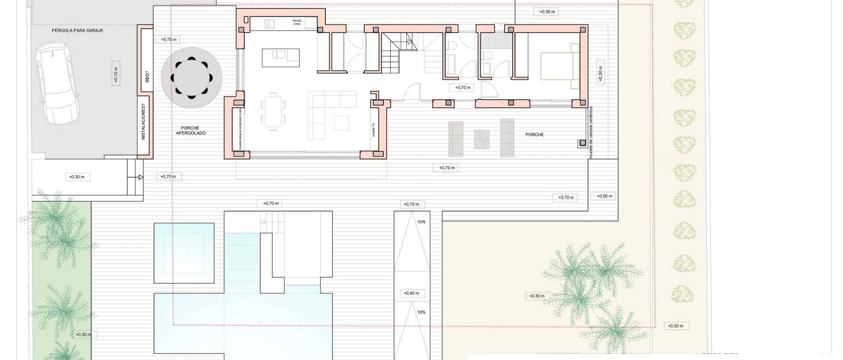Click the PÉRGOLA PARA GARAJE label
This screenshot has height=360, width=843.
pos(77,31)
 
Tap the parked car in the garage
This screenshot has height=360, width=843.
pos(58,83)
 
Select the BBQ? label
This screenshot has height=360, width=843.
pos(147,77)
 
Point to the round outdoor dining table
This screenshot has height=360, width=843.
pos(191,78)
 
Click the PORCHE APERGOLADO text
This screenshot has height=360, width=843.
pos(191,130)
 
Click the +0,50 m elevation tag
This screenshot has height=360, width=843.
pos(604,196)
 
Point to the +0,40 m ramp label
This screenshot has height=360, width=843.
pos(411,293)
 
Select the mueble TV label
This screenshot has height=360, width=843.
pos(374,130)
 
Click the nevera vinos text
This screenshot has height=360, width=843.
pos(297,22)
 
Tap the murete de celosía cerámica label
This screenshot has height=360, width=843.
pos(591,132)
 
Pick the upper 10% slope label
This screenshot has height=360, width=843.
pos(421,222)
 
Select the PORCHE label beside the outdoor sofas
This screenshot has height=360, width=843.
pos(534,135)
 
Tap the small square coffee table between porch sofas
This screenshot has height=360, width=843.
pos(482,139)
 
